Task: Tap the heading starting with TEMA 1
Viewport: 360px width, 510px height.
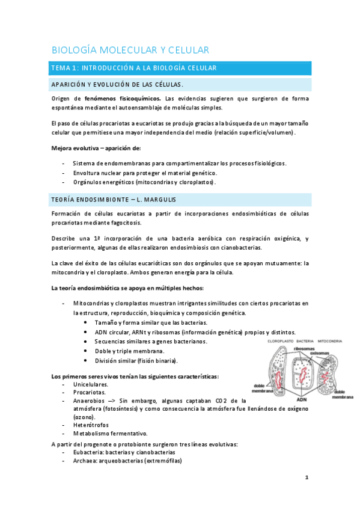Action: [x=132, y=69]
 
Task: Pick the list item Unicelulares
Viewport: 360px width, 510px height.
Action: [x=91, y=384]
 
